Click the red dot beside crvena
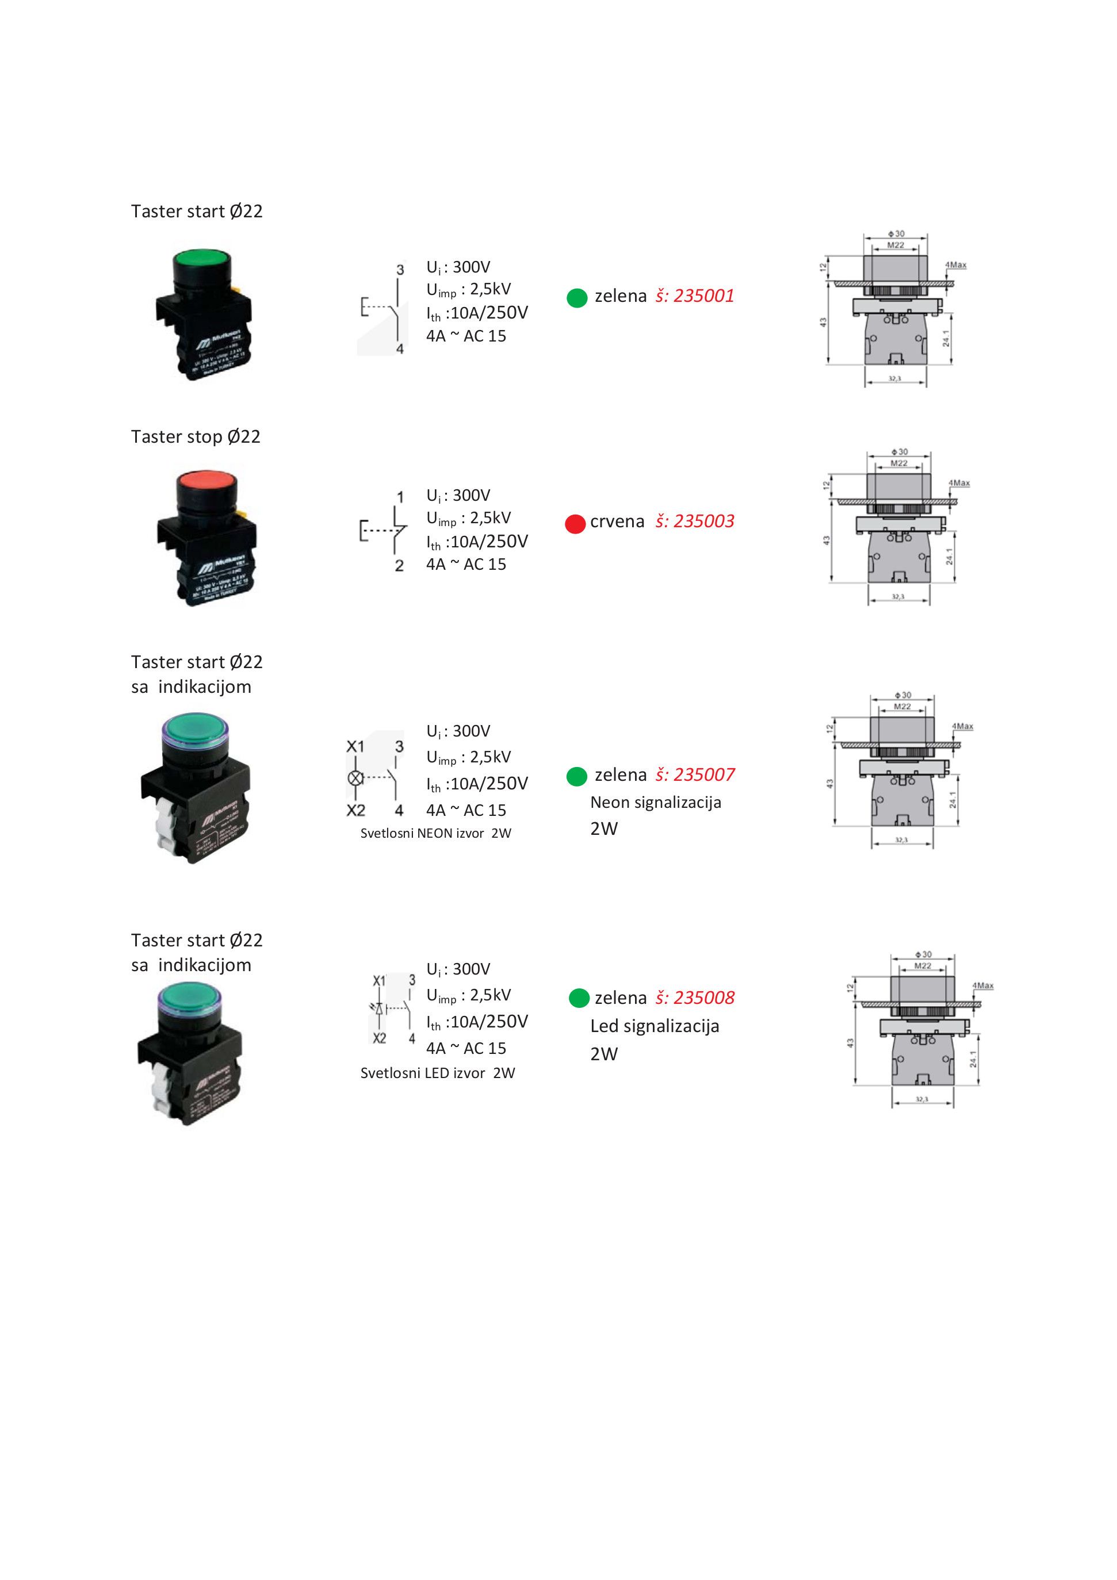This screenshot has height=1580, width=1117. (575, 524)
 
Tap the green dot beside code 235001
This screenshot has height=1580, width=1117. (577, 298)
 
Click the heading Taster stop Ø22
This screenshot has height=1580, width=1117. (196, 437)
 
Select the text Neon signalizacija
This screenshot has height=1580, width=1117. (655, 803)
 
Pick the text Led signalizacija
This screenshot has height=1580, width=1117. (655, 1026)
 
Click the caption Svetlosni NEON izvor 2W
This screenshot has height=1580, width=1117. (435, 833)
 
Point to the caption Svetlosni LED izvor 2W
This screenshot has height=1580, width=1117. (438, 1073)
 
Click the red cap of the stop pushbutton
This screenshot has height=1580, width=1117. (206, 482)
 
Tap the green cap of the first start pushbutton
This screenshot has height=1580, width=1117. (203, 260)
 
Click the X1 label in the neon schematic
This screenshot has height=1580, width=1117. (355, 747)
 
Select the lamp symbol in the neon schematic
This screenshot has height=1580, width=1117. (355, 779)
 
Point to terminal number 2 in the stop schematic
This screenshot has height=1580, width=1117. (399, 566)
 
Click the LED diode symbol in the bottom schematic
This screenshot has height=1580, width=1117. (379, 1009)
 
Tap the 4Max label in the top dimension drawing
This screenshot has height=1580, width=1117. (956, 265)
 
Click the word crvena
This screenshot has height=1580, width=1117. (617, 521)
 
